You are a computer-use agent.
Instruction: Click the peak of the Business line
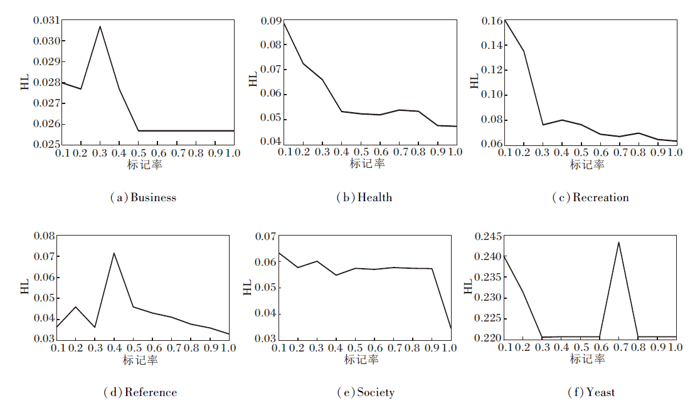click(x=100, y=26)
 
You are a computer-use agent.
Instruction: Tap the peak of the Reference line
click(x=114, y=253)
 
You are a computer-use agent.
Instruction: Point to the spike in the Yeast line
click(x=619, y=242)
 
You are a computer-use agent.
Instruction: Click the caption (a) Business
click(x=143, y=198)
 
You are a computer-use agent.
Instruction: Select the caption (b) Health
click(x=364, y=198)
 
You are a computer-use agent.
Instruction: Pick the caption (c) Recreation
click(x=590, y=198)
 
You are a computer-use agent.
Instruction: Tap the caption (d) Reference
click(x=141, y=393)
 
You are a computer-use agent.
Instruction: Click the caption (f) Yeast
click(x=591, y=393)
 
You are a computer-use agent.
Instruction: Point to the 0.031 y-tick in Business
click(x=46, y=20)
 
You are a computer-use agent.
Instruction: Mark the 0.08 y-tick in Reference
click(x=44, y=236)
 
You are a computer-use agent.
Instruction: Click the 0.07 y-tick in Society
click(x=266, y=236)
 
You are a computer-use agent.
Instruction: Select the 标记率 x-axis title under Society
click(x=361, y=360)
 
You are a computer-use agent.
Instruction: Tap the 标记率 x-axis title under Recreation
click(x=587, y=164)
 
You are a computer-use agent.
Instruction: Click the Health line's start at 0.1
click(x=283, y=22)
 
